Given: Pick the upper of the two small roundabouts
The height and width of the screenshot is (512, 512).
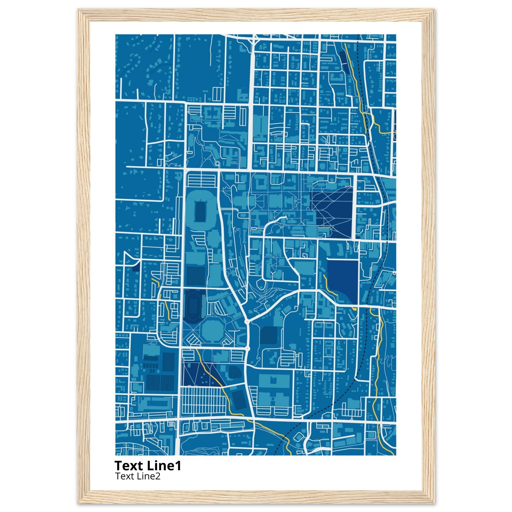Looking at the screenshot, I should [x=247, y=321].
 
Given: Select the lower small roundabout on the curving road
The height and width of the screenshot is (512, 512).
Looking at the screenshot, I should [x=247, y=349].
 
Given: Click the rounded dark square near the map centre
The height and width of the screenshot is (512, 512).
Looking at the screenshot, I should [x=268, y=335].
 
